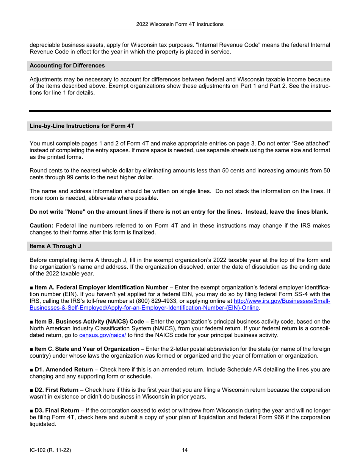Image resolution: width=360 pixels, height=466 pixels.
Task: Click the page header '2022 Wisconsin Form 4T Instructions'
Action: click(x=180, y=24)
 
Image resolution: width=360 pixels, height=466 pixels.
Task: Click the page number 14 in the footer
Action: click(x=185, y=450)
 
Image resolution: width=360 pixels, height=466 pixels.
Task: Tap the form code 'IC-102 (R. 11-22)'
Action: click(x=51, y=450)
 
